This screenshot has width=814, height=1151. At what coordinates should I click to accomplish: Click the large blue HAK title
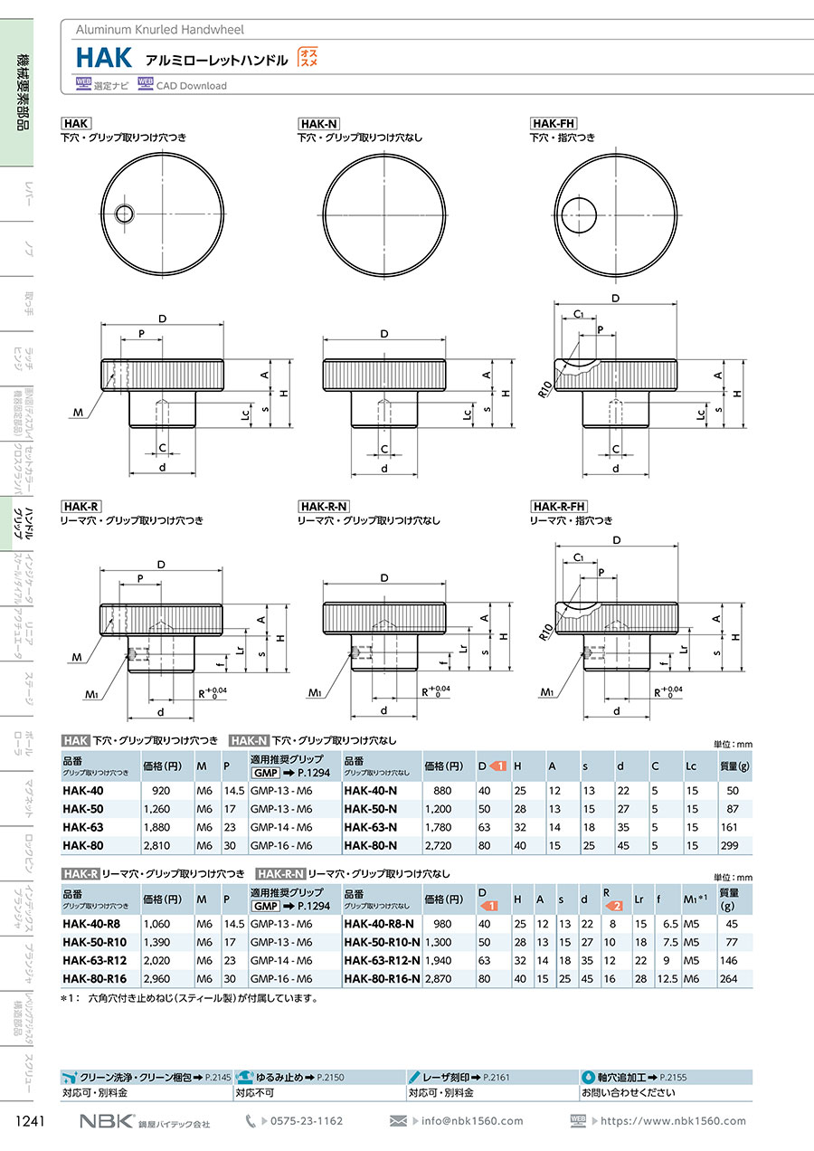pos(104,58)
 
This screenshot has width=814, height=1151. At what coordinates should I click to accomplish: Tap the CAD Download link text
pos(191,86)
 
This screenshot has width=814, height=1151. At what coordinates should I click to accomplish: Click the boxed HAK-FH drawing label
pos(554,123)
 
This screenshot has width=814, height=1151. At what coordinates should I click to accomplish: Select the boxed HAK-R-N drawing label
pos(324,506)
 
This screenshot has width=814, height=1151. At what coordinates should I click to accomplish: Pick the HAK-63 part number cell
pos(82,827)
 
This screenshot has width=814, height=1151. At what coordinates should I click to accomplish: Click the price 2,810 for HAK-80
pos(156,845)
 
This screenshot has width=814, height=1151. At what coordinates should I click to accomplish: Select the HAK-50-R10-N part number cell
pos(382,942)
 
